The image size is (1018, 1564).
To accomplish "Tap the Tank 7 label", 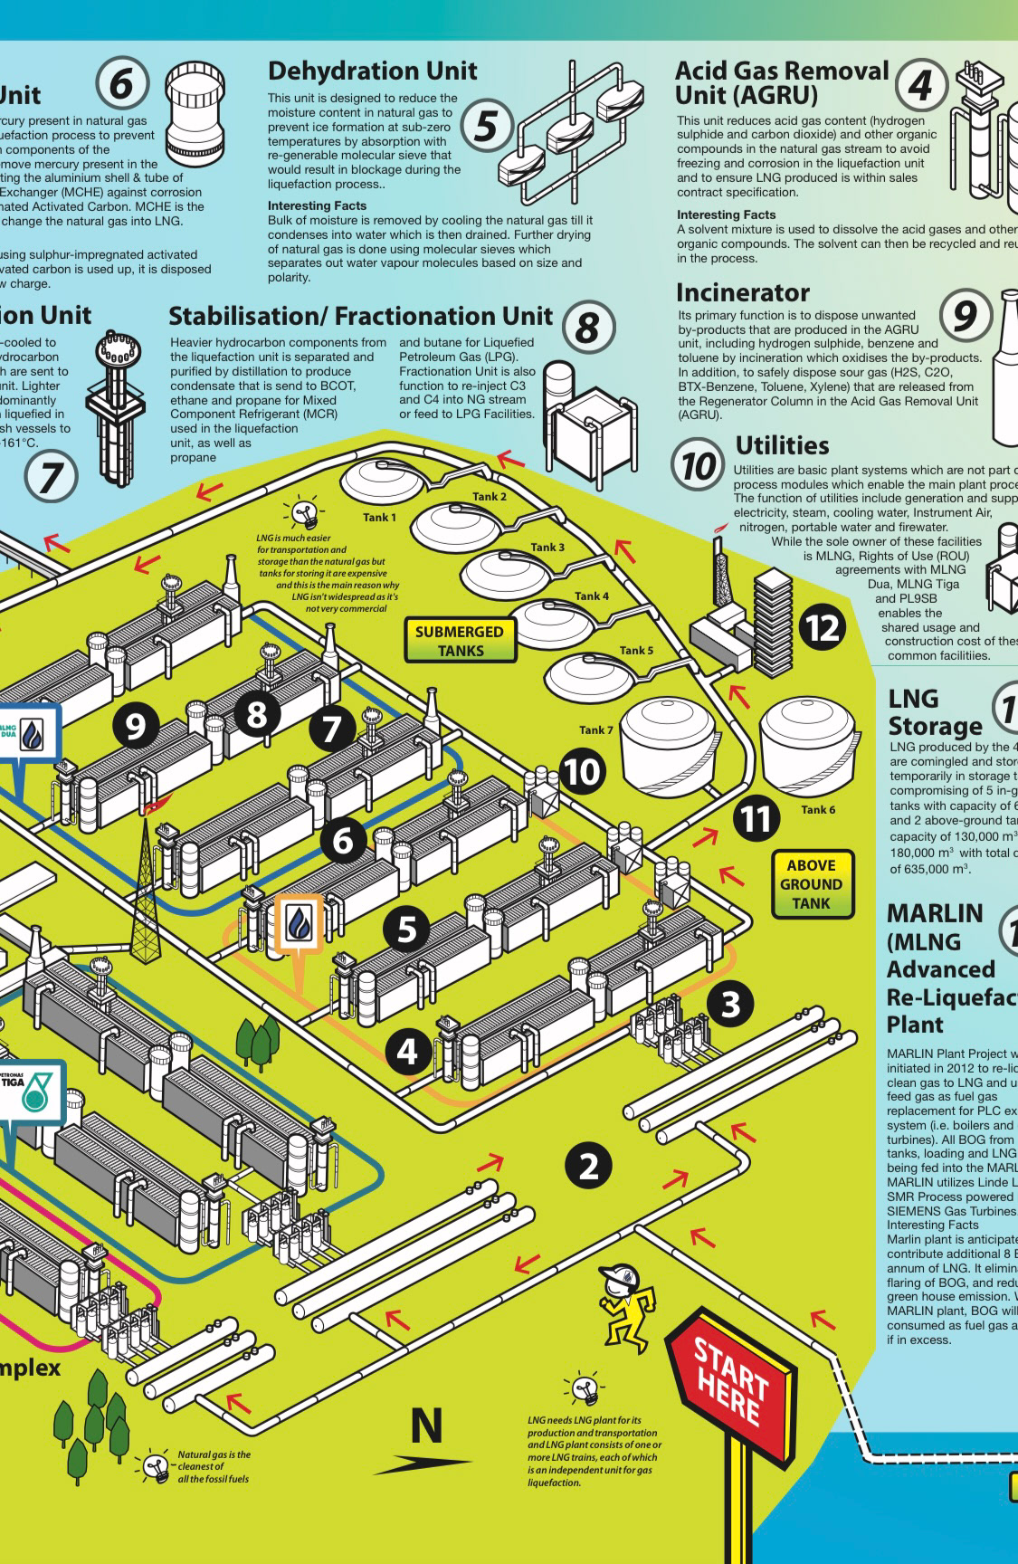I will point(596,730).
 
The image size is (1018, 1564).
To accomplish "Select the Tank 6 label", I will point(818,809).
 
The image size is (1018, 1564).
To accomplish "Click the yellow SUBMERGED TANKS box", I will point(460,641).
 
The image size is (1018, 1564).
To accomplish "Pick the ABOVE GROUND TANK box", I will point(811,884).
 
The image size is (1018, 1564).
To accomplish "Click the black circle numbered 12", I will point(823,627).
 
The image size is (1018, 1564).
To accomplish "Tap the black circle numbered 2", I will point(589,1166).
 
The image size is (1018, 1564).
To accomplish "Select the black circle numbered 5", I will point(407,929).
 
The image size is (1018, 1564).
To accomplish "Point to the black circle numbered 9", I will point(135,726).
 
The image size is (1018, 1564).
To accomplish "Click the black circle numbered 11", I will point(756,818).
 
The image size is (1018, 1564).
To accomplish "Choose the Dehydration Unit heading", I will point(372,71).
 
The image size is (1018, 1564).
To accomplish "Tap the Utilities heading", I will point(782,445).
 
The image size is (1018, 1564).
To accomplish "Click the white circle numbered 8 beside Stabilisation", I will point(587,327).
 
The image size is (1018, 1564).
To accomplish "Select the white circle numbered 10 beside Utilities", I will point(699,467).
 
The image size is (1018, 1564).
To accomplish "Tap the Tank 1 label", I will point(380,518).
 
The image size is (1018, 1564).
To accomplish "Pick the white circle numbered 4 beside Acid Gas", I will point(920,86).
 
